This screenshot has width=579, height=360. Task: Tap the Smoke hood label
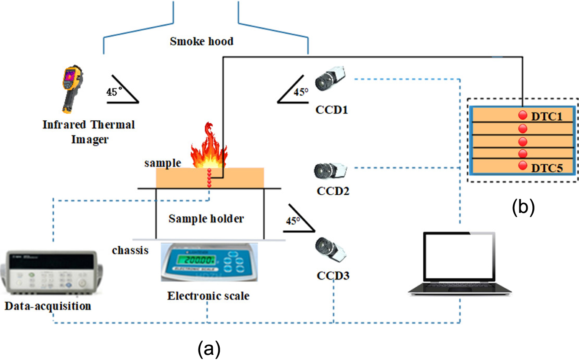pos(202,42)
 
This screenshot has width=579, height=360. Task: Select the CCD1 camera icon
pos(330,80)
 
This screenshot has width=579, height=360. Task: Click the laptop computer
pos(460,264)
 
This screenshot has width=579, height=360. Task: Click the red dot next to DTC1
pos(522,115)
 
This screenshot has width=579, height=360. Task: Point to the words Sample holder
pos(206,219)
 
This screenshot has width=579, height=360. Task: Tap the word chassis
pos(131,251)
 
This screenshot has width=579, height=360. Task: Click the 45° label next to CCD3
pos(292,221)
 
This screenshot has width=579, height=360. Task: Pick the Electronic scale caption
pos(208,296)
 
